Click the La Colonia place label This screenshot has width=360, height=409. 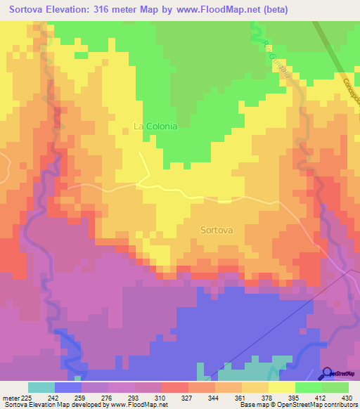tap(155, 126)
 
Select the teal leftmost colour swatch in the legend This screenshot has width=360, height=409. tap(41, 387)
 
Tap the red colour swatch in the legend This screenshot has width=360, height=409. tap(175, 387)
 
